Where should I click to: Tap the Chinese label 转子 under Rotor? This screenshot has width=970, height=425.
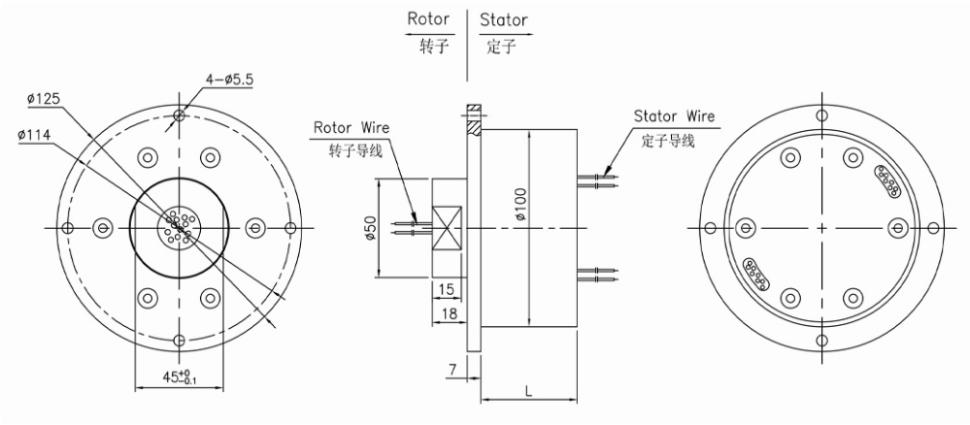pyautogui.click(x=433, y=46)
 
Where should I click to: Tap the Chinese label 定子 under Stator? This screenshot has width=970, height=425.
pyautogui.click(x=501, y=46)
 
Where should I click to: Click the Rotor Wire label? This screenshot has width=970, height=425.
pyautogui.click(x=351, y=127)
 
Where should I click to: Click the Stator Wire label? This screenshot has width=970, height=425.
pyautogui.click(x=675, y=116)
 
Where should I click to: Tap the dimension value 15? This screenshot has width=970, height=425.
pyautogui.click(x=448, y=289)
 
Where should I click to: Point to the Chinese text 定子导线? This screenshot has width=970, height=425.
pyautogui.click(x=669, y=140)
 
